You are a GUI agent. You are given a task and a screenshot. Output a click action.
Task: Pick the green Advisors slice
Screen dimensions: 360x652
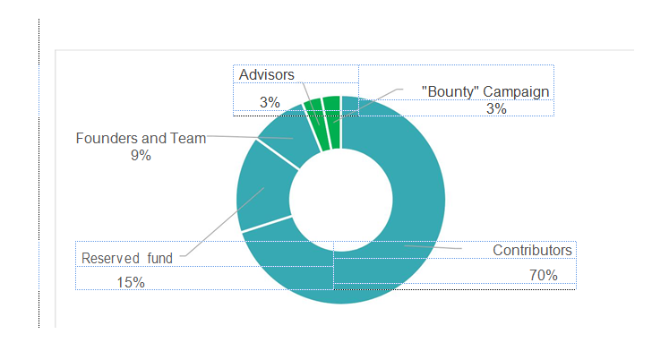point(313,112)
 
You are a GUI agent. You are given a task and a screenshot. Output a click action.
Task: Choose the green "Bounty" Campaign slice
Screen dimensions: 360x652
point(331,107)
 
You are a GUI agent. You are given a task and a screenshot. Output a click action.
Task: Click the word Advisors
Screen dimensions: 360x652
point(267,75)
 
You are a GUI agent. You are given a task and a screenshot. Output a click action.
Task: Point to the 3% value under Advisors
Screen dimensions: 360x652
point(270,102)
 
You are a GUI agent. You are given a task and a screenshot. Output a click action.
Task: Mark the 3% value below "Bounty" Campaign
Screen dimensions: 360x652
point(496,109)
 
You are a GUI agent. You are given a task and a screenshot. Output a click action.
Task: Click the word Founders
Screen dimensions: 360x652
point(103,138)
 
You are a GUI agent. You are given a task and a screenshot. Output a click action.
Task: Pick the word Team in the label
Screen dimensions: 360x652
point(190,138)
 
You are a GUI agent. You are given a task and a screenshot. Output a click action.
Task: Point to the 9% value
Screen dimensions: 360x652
point(141,155)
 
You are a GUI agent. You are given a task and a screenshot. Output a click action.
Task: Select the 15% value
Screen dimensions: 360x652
point(131,282)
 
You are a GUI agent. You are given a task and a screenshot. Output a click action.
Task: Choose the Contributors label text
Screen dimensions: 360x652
point(532,250)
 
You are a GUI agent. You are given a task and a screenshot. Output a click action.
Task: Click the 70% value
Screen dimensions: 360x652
point(543,275)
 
